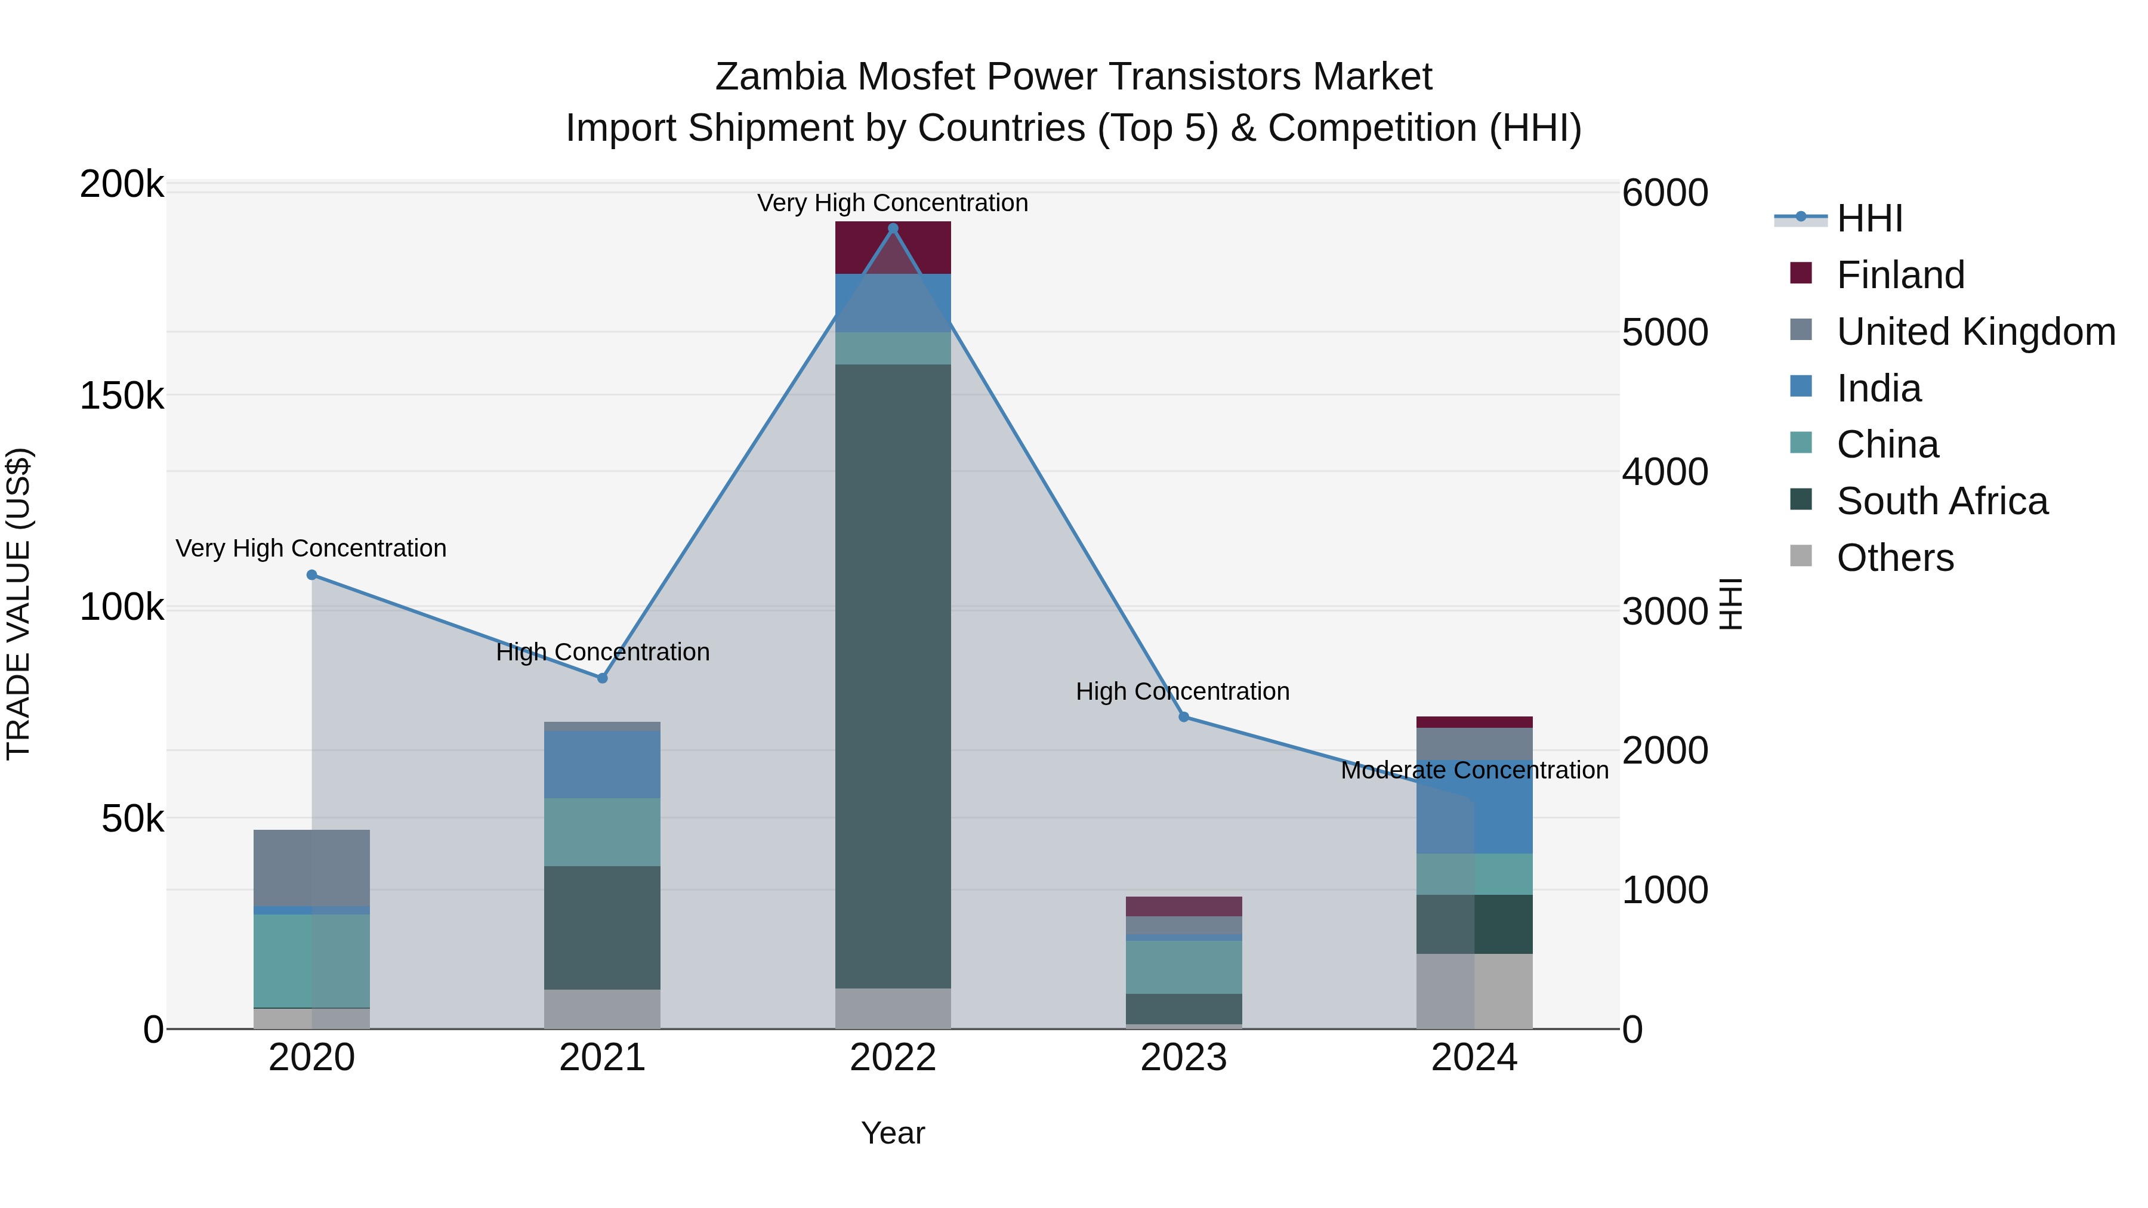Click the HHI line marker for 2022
(x=893, y=228)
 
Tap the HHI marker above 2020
(x=312, y=575)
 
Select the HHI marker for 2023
(x=1183, y=717)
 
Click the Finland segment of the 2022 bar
(x=893, y=248)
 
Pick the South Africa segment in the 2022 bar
(x=893, y=675)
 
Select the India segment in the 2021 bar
(x=602, y=764)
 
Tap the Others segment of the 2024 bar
(x=1474, y=991)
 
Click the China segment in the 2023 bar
(x=1183, y=967)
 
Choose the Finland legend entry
(x=1900, y=275)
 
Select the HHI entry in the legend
(x=1869, y=218)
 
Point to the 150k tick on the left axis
(x=122, y=397)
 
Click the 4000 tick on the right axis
(x=1664, y=472)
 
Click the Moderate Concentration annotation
(x=1474, y=770)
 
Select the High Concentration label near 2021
(x=602, y=652)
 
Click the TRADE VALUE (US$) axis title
(x=19, y=604)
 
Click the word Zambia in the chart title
(x=780, y=77)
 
